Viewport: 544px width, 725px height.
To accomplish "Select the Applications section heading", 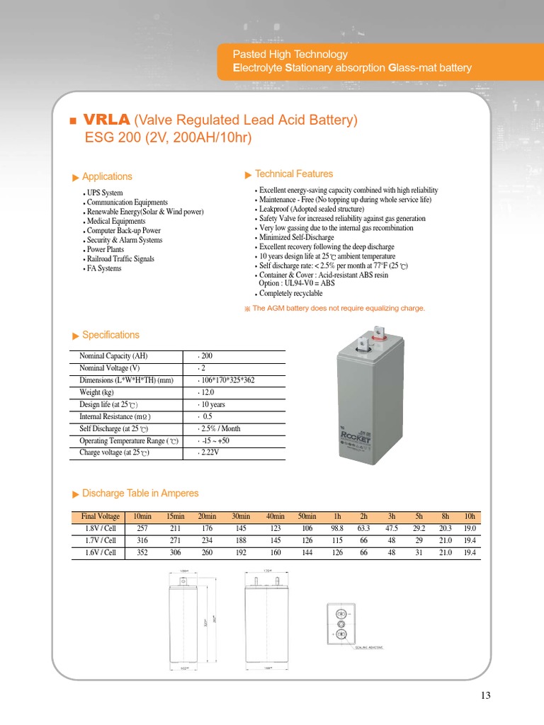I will click(x=107, y=176).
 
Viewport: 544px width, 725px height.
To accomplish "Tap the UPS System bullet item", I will click(x=104, y=193).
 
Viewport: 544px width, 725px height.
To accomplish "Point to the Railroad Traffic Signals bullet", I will click(x=120, y=259).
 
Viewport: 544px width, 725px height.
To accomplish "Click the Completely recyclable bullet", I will click(x=290, y=293).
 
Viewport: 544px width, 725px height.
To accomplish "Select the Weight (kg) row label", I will click(x=96, y=392).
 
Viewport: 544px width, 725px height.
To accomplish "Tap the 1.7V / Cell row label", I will click(x=99, y=540).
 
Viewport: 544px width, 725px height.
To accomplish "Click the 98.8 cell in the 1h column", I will click(x=337, y=528).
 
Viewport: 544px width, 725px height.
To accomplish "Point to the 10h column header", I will click(x=470, y=516).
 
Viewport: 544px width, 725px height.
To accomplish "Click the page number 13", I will click(x=485, y=695).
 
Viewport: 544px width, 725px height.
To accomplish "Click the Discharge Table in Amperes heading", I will click(x=140, y=493).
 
